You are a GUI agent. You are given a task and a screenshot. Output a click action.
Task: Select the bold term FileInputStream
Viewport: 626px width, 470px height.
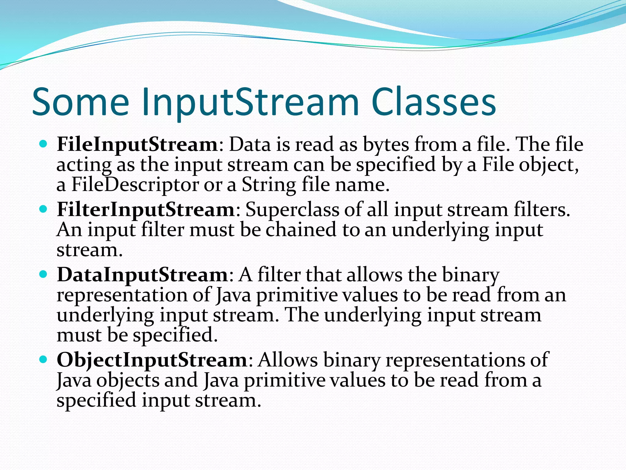(x=137, y=144)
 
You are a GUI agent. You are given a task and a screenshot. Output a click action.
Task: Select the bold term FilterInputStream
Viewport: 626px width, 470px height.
(x=146, y=210)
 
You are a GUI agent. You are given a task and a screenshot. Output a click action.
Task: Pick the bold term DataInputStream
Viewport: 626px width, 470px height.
(x=142, y=275)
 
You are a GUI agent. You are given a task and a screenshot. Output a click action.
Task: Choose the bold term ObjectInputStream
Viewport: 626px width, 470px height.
(x=152, y=360)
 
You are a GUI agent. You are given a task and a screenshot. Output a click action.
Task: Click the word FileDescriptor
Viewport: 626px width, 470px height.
(x=135, y=185)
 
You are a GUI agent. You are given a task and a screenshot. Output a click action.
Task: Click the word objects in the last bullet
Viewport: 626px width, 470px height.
(x=128, y=381)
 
